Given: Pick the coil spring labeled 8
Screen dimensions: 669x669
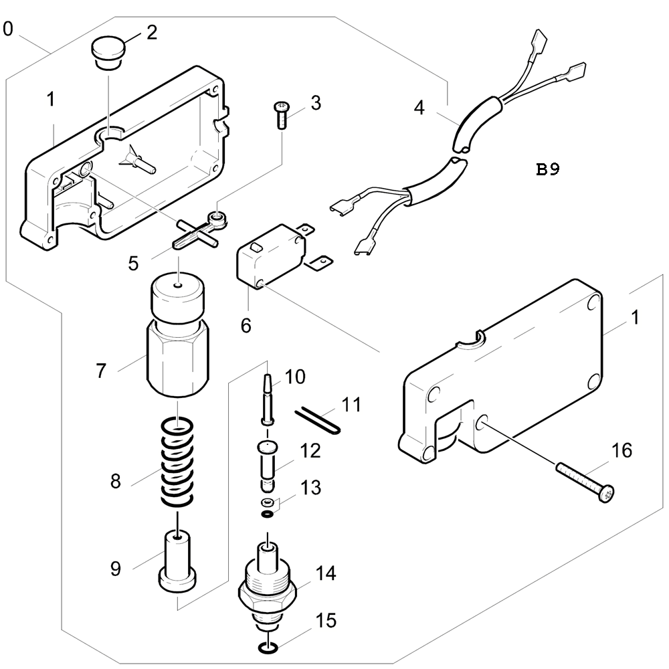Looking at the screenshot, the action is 177,462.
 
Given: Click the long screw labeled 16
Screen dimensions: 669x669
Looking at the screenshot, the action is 585,481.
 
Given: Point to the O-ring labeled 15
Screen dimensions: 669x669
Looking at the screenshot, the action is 268,648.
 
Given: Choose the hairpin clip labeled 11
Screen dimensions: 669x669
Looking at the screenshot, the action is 316,421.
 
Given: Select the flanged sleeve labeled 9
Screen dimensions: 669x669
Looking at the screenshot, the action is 177,561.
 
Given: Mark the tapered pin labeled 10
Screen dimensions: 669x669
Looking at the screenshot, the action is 267,399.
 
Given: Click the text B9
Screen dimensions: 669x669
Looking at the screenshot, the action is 547,169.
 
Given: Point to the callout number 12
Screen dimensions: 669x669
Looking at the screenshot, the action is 310,451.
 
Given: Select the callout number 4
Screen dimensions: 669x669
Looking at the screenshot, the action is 419,108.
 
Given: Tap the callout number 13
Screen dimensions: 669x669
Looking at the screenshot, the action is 310,488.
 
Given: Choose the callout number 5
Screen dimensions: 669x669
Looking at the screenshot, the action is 134,263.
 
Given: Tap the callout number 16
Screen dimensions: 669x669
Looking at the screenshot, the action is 622,450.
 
